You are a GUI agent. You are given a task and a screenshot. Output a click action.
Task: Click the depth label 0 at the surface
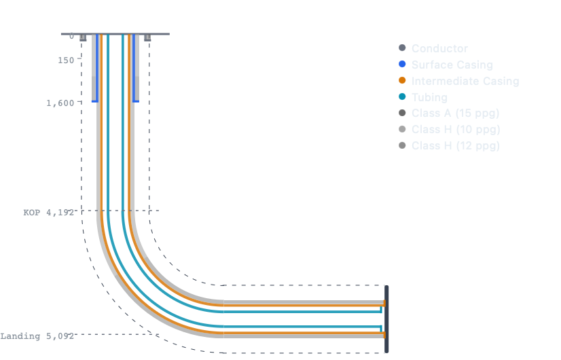pyautogui.click(x=71, y=36)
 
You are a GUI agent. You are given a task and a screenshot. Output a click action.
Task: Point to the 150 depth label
pyautogui.click(x=66, y=60)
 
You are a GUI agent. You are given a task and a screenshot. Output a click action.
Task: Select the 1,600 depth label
pyautogui.click(x=60, y=103)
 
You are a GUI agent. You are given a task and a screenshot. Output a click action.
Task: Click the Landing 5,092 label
pyautogui.click(x=37, y=336)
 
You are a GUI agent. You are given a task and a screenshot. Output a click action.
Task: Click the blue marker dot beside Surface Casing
pyautogui.click(x=402, y=65)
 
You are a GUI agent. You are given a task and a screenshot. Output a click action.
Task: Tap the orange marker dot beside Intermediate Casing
pyautogui.click(x=402, y=81)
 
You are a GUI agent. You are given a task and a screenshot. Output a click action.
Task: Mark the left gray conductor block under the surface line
pyautogui.click(x=83, y=38)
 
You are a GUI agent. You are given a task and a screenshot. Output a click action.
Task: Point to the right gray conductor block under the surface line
pyautogui.click(x=147, y=38)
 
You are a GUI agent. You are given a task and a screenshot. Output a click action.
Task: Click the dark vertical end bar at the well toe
pyautogui.click(x=386, y=319)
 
